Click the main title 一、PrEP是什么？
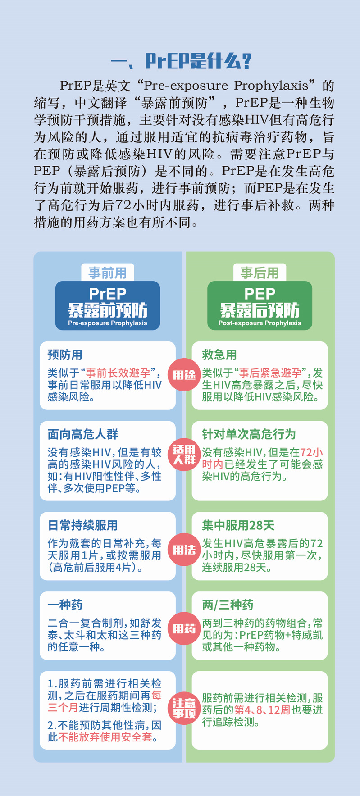click(180, 61)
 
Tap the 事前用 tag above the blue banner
click(108, 273)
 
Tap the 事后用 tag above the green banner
click(260, 273)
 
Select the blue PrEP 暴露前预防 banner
click(108, 305)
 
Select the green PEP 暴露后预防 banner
click(260, 305)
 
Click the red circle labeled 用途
click(184, 375)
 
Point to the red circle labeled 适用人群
click(184, 455)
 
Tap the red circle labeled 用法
click(184, 550)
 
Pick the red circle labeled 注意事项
click(184, 708)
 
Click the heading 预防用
click(65, 355)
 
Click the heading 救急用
click(219, 355)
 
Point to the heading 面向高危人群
click(83, 434)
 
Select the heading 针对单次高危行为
click(249, 434)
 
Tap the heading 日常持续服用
click(83, 525)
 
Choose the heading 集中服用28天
click(238, 525)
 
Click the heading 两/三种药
click(228, 605)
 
